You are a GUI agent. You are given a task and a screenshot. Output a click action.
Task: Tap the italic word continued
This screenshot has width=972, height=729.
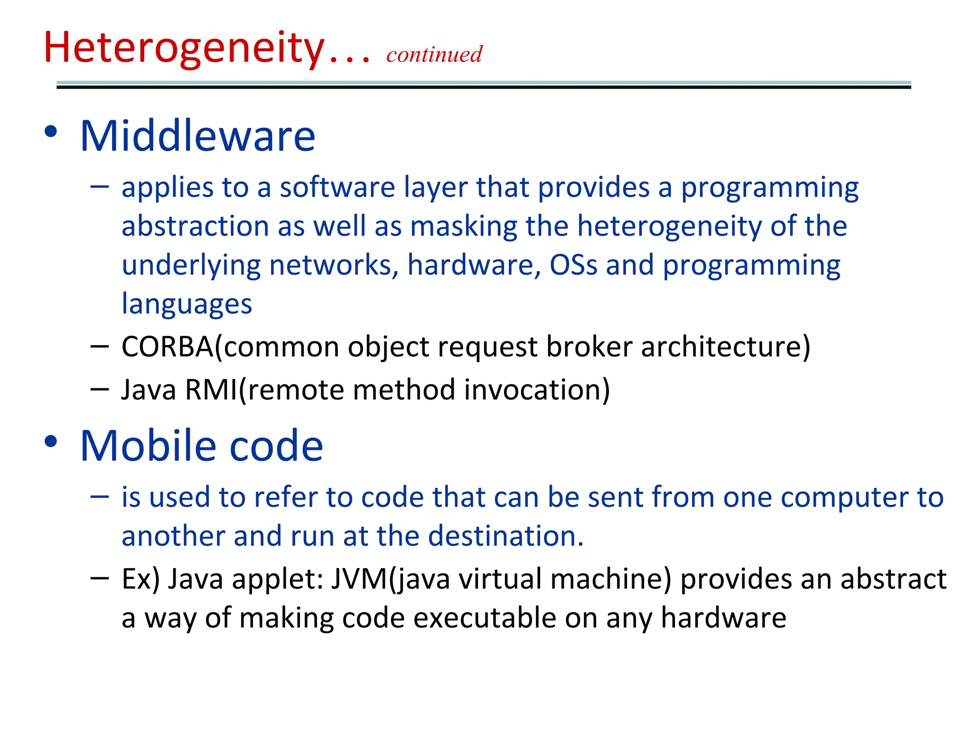pos(434,54)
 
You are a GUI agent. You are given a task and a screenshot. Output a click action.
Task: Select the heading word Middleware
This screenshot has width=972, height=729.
pos(197,137)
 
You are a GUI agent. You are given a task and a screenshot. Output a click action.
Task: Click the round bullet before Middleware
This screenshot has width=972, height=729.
pos(51,131)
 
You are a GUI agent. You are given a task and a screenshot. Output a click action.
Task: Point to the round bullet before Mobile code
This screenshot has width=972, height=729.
pos(51,441)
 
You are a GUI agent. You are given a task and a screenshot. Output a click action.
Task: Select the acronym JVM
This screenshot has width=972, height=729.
pos(359,579)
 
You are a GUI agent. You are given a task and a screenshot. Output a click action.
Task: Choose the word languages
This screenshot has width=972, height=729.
pos(187,304)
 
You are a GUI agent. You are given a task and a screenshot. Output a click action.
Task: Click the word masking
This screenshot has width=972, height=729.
pos(463,226)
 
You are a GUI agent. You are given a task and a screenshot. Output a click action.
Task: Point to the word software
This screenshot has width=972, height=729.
pos(337,187)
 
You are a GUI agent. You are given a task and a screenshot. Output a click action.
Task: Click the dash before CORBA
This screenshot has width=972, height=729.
pos(99,346)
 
